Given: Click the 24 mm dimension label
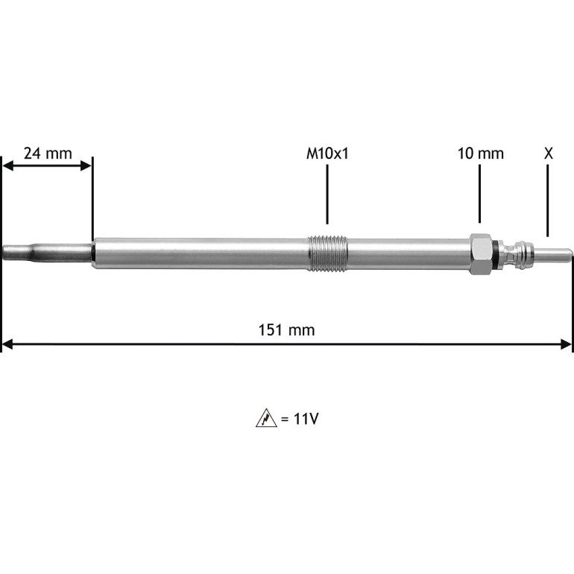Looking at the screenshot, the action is point(48,154).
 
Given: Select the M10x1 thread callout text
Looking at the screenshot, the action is point(327,154).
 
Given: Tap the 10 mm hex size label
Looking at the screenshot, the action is point(481,154).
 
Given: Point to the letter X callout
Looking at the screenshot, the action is point(548,154).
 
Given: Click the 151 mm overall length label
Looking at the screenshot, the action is point(287,329).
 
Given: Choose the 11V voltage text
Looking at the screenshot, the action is point(306,418).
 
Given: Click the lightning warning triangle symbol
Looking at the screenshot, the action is point(266,418).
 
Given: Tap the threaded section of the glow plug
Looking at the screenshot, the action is point(327,253).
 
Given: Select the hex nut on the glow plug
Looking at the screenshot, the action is point(481,253).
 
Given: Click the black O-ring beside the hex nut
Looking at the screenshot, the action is point(495,253).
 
